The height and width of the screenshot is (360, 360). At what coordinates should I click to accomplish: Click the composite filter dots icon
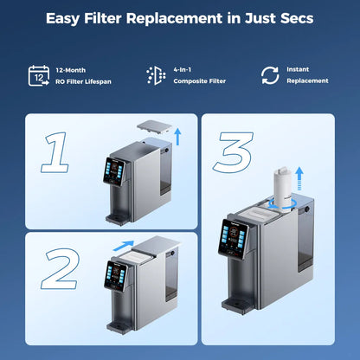pyautogui.click(x=157, y=75)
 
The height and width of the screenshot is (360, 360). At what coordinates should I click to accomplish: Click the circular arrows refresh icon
pyautogui.click(x=270, y=75)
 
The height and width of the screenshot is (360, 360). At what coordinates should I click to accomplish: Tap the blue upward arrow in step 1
pyautogui.click(x=177, y=134)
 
